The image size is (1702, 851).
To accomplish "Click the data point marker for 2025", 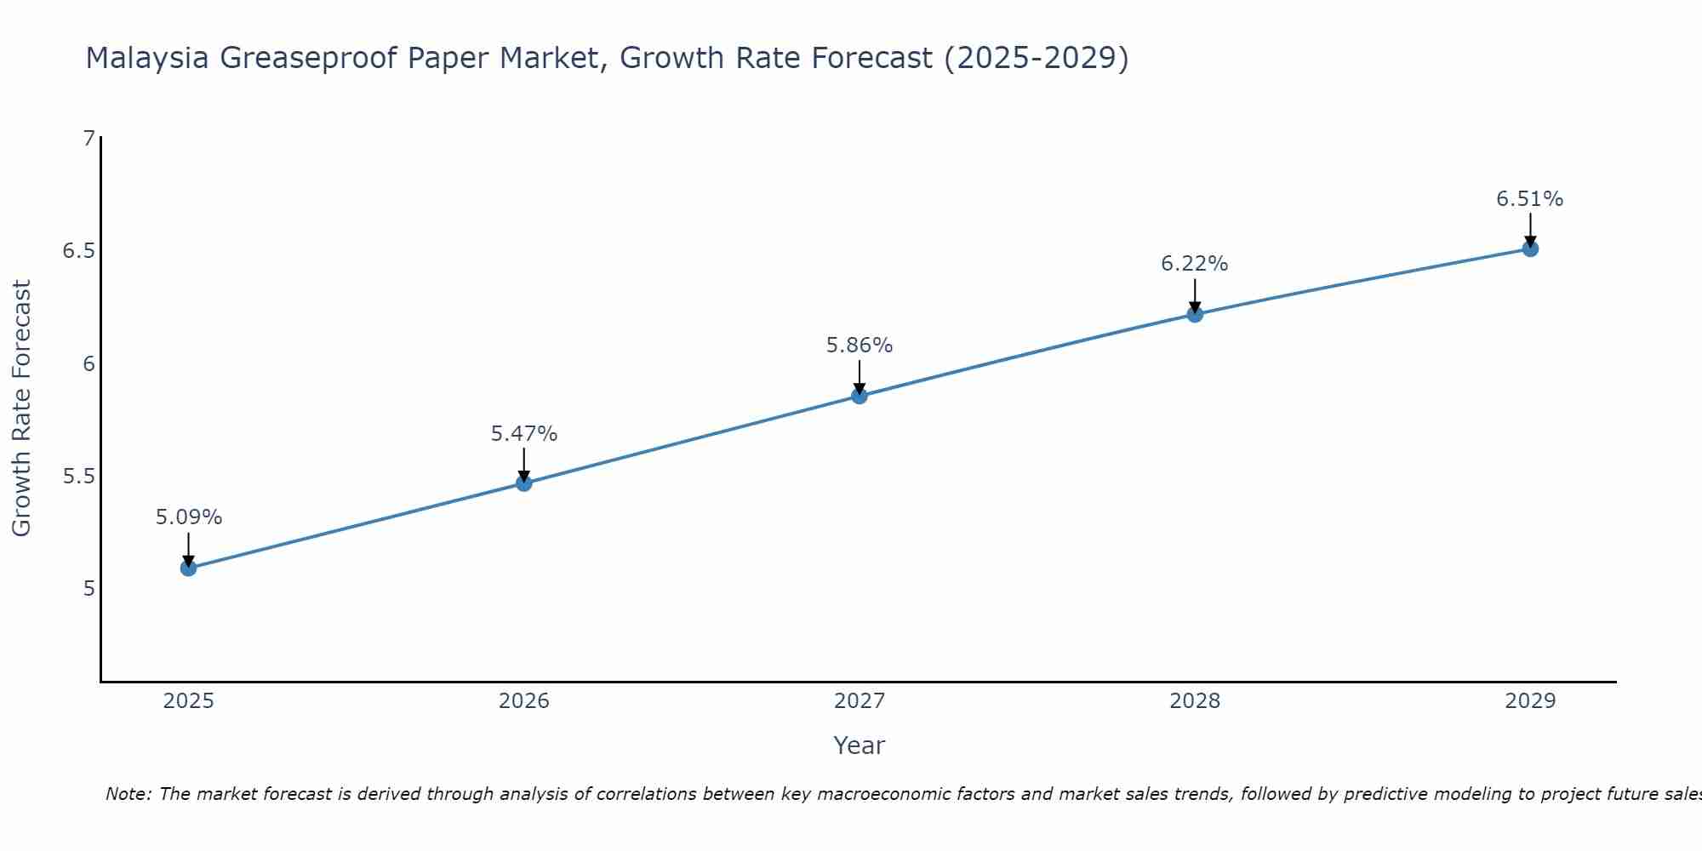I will [x=189, y=568].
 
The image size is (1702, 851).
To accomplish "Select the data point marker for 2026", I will [x=524, y=483].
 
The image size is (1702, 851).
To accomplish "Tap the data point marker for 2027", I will [x=860, y=396].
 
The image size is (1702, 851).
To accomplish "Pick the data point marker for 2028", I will [x=1195, y=314].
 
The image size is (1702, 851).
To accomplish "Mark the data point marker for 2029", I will [x=1530, y=248].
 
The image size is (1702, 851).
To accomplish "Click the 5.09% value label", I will [x=189, y=517].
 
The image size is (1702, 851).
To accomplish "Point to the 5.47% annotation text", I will [x=524, y=434].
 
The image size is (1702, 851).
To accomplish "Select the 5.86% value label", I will [x=860, y=346].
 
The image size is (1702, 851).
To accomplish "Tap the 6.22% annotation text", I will [x=1195, y=264].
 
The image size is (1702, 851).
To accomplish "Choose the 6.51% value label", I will [x=1530, y=199].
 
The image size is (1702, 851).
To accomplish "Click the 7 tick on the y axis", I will [x=89, y=138].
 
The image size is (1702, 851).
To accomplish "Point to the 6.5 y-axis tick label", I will [x=78, y=251].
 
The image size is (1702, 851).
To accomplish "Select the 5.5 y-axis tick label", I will [x=78, y=476].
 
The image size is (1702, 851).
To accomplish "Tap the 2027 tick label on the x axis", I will [x=860, y=701].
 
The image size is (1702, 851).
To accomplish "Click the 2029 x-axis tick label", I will [x=1530, y=701].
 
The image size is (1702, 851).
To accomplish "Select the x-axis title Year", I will [x=860, y=745].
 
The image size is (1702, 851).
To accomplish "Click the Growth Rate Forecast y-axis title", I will [x=21, y=408].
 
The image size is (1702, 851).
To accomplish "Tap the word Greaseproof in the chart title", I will [x=309, y=58].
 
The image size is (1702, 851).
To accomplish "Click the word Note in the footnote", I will [x=128, y=794].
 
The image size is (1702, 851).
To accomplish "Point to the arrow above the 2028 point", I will [x=1195, y=295].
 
